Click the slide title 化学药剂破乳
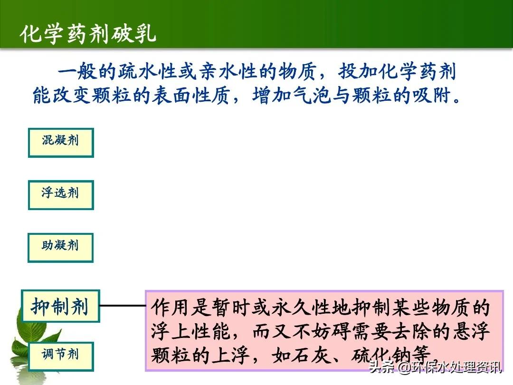point(88,34)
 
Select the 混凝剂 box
point(61,142)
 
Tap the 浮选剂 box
point(61,194)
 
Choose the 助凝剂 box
point(60,247)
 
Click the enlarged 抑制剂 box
point(60,306)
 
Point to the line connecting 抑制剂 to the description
point(122,306)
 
